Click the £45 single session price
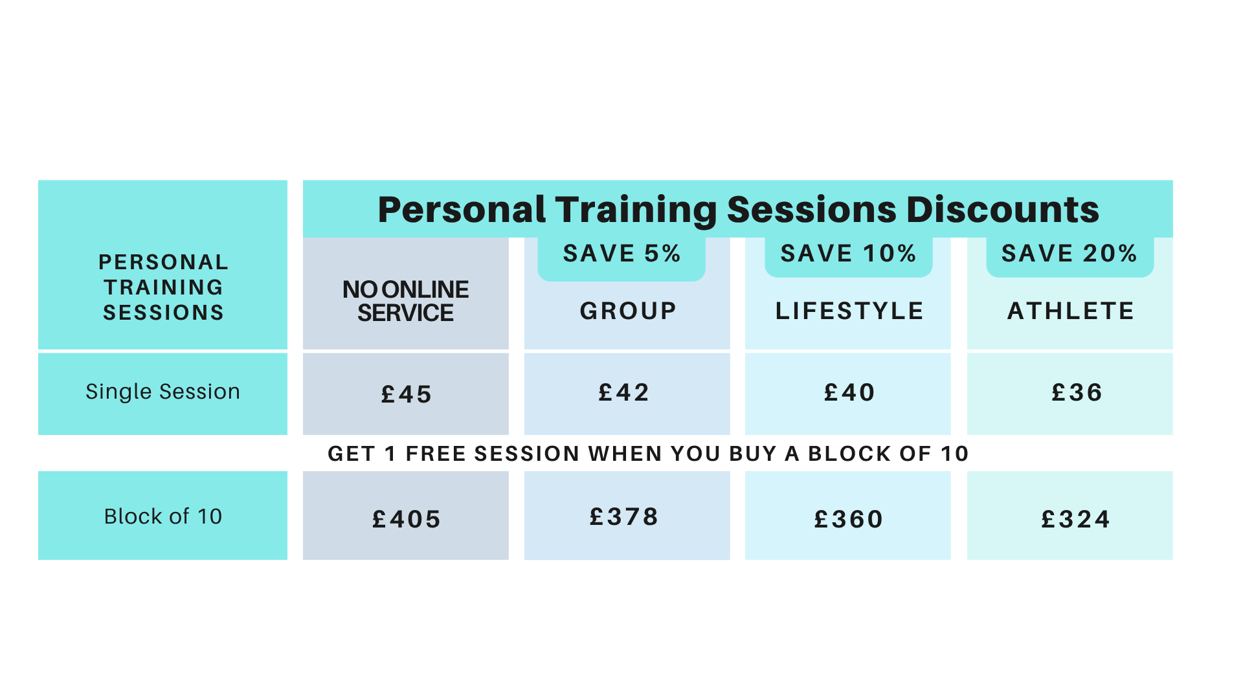coord(406,394)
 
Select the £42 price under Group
coord(623,392)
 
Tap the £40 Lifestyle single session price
coord(849,392)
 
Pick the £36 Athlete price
coord(1077,392)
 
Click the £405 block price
coord(406,519)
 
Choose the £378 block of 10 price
coord(623,516)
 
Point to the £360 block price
coord(849,519)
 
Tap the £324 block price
coord(1075,519)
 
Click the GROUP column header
coord(628,311)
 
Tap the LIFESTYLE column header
coord(849,311)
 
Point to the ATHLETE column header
coord(1071,311)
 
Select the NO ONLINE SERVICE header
coord(406,301)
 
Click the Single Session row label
coord(162,392)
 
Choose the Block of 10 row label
coord(162,516)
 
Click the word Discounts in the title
coord(1003,210)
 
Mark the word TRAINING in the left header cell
coord(163,287)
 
